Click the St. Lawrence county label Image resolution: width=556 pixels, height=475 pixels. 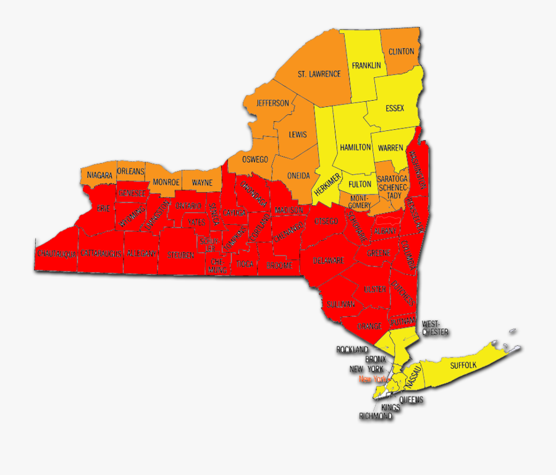(319, 74)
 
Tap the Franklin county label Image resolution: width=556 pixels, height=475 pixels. (366, 65)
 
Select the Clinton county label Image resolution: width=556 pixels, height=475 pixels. (401, 51)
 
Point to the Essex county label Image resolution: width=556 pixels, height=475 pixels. (394, 108)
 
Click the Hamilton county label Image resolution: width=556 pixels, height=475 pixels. (355, 148)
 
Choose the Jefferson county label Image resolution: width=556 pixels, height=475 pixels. (272, 103)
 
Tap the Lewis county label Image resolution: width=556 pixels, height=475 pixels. (298, 134)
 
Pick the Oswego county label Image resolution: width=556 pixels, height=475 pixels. (255, 159)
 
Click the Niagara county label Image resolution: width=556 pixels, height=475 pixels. (99, 175)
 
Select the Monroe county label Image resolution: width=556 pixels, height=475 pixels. (166, 182)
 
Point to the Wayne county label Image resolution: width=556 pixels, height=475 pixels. (202, 182)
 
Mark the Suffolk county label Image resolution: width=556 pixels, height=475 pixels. (463, 366)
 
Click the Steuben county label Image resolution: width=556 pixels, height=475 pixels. (181, 254)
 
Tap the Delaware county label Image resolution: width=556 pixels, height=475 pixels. (328, 260)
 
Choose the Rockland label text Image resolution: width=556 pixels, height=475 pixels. (352, 350)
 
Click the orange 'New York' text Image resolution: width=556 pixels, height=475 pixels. (372, 379)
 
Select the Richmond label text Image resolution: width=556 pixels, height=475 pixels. (376, 416)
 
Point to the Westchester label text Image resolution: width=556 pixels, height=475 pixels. (435, 328)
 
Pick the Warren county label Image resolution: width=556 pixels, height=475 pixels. (390, 148)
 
